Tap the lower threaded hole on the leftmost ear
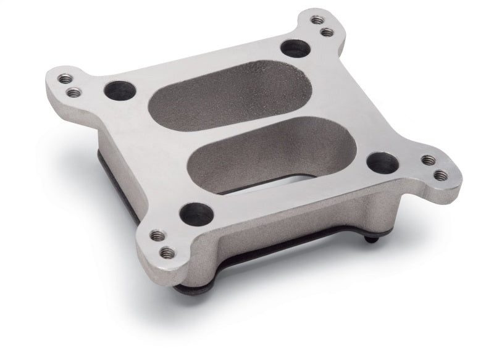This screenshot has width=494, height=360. point(73,93)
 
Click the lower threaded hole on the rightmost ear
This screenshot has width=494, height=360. point(440,175)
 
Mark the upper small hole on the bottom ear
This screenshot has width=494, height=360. point(155,235)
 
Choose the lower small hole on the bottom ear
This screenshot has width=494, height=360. point(166,252)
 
